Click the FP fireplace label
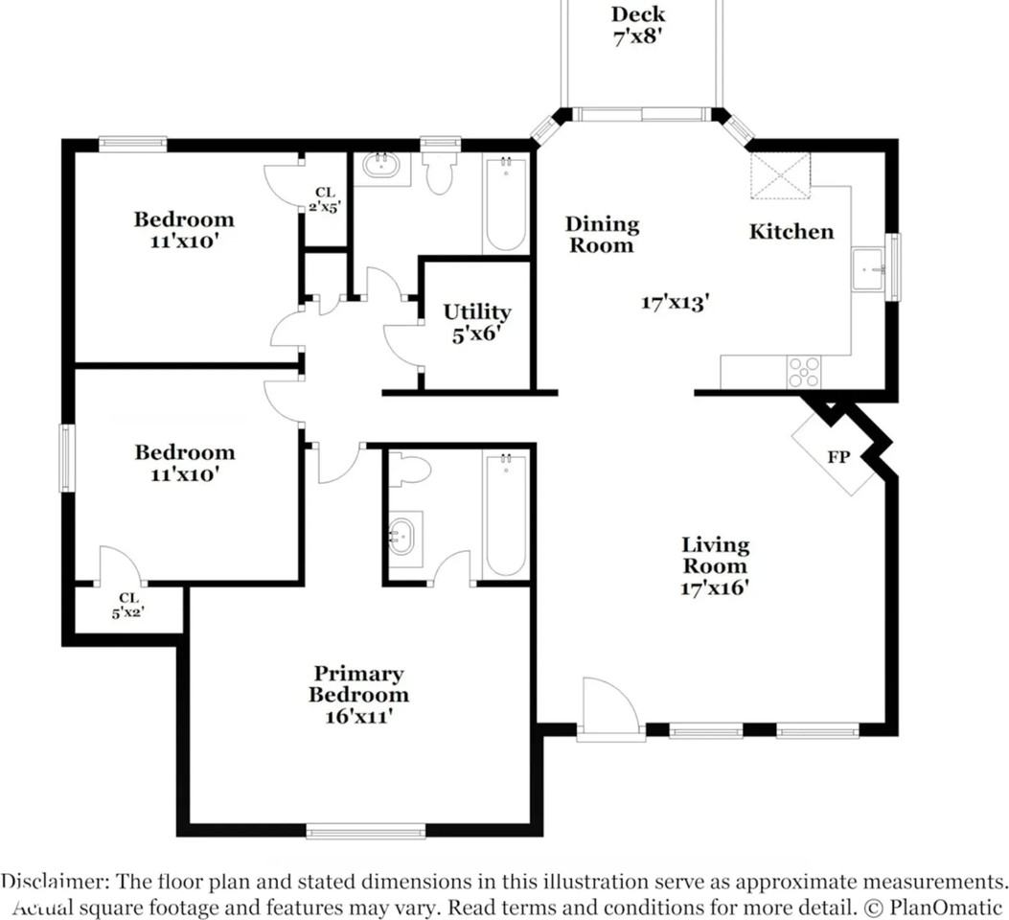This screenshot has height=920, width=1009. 838,456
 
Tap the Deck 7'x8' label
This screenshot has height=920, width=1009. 638,26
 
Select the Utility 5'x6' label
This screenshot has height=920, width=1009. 476,323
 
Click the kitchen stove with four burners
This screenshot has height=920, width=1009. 803,371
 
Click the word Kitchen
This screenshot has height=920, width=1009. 791,232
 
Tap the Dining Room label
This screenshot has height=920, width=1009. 601,235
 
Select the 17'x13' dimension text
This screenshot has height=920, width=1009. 675,303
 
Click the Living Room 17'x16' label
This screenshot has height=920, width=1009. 715,565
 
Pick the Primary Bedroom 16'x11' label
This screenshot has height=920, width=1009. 358,695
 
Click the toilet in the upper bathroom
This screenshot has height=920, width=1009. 440,172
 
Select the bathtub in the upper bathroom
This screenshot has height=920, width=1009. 505,203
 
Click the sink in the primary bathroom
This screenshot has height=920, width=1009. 403,535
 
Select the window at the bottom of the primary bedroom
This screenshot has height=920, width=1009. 365,831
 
